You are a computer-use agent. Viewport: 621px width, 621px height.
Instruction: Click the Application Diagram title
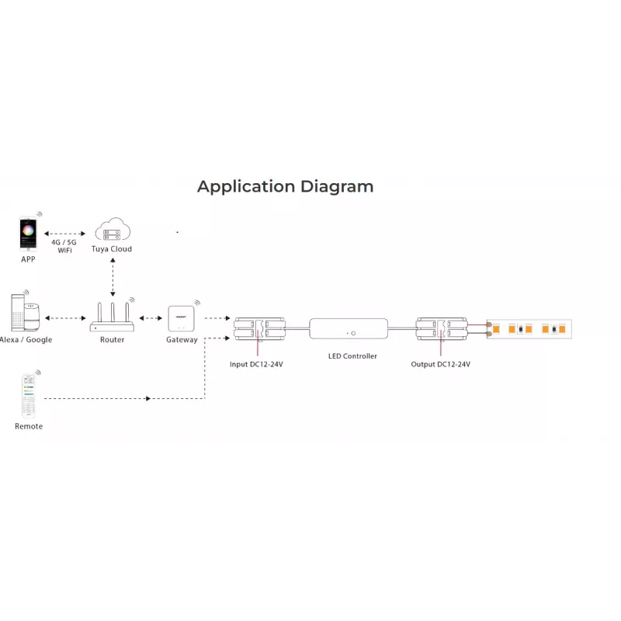pos(285,186)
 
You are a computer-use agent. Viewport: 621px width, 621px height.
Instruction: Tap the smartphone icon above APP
pos(28,234)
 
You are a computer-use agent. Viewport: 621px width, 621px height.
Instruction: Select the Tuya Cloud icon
pos(113,229)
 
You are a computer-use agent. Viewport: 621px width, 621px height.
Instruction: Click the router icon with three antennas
pos(112,317)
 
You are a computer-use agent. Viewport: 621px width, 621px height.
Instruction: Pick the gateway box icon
pos(182,318)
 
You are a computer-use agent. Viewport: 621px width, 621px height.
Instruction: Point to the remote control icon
pos(29,396)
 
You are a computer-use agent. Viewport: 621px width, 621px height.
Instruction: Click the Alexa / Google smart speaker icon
pos(26,313)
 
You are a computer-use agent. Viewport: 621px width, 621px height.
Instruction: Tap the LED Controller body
pos(349,328)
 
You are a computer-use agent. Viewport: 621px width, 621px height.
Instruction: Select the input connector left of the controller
pos(259,329)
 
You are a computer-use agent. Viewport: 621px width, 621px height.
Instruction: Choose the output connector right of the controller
pos(441,329)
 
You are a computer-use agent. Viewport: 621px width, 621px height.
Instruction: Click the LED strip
pos(529,329)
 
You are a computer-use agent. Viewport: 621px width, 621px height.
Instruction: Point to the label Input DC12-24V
pos(256,364)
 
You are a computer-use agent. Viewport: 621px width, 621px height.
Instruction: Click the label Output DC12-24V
pos(440,364)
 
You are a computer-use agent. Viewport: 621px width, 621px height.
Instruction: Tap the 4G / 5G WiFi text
pos(64,246)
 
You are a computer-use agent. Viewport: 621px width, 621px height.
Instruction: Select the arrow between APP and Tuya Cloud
pos(65,234)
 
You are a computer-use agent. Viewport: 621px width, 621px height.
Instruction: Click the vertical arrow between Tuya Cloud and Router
pos(113,277)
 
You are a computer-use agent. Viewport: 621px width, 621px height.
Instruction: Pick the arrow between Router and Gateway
pos(151,318)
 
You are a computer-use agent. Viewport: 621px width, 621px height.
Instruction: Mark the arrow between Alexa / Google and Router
pos(65,318)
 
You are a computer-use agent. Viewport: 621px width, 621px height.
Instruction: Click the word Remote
pos(29,426)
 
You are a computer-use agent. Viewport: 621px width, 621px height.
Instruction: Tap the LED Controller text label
pos(352,356)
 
